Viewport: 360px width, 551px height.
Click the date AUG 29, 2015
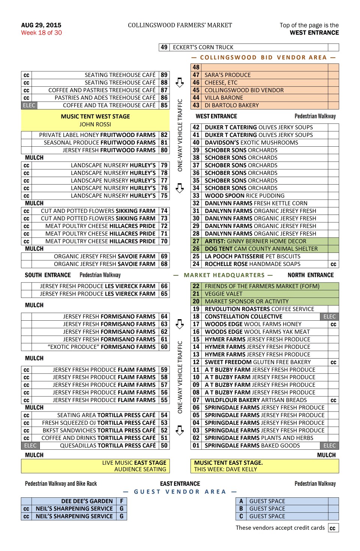(41, 25)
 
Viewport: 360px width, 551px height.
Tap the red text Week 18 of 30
(41, 33)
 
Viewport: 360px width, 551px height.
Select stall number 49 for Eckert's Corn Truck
(164, 47)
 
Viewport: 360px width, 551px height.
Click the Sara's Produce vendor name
(227, 75)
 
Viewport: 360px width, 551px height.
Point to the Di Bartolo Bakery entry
(231, 105)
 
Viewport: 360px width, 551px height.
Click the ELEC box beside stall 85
(29, 105)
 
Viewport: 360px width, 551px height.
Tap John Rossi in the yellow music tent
(95, 124)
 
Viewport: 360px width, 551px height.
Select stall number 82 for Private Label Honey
(164, 135)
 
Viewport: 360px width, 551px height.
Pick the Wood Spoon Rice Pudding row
(244, 196)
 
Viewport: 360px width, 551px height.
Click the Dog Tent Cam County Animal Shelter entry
(261, 249)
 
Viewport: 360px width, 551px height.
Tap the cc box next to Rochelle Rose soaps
(333, 264)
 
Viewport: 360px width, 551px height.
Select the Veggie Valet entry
(223, 294)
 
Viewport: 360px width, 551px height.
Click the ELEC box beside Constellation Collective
(330, 317)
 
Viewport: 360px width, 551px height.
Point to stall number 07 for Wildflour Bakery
(196, 400)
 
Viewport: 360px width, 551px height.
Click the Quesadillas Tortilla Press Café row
(108, 446)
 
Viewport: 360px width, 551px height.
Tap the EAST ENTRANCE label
(180, 484)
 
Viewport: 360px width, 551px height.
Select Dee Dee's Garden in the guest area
(87, 501)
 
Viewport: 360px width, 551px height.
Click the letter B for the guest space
(241, 509)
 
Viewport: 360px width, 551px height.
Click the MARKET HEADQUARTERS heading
(224, 275)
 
